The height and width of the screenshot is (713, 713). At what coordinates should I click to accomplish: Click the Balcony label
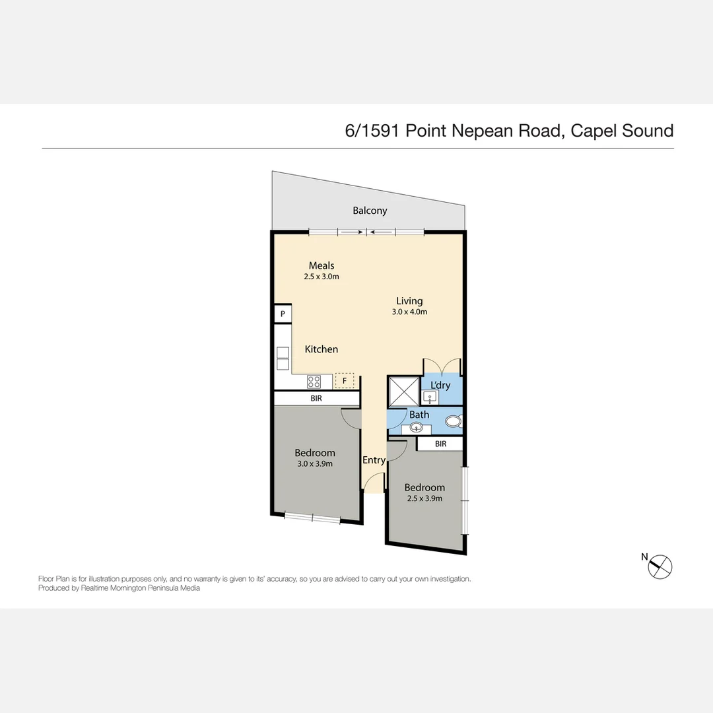[370, 211]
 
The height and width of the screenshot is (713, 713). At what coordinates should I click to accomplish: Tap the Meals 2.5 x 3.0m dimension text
[322, 277]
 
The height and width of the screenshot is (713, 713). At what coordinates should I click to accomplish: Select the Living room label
[409, 300]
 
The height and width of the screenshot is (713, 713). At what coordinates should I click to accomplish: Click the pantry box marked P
[283, 314]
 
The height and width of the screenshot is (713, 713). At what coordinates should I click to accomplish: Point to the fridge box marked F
[344, 381]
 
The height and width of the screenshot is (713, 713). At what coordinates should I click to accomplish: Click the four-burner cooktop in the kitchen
[314, 382]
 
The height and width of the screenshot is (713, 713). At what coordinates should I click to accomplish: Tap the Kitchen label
[321, 349]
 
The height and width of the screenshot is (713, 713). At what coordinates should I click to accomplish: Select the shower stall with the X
[404, 391]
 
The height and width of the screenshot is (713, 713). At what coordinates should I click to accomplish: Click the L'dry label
[440, 385]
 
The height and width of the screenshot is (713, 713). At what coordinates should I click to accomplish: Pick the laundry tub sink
[430, 397]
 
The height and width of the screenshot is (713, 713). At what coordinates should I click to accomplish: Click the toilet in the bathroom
[454, 421]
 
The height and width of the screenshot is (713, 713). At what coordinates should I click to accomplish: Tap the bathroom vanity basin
[416, 427]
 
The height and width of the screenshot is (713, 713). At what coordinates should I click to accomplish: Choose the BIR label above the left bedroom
[316, 398]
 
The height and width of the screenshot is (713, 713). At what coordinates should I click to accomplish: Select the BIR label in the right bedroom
[440, 444]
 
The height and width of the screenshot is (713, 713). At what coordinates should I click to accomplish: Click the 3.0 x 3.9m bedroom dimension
[315, 464]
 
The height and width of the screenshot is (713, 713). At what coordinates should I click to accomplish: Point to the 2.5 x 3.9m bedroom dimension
[424, 498]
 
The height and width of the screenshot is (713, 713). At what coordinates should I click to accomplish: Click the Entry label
[374, 460]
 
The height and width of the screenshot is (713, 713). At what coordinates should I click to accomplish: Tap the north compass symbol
[660, 567]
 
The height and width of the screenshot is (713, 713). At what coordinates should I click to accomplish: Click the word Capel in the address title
[594, 131]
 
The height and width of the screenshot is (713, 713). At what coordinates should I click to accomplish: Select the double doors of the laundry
[442, 367]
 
